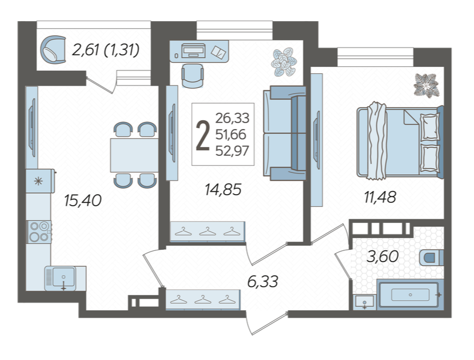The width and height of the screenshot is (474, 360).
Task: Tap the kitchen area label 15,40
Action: [83, 201]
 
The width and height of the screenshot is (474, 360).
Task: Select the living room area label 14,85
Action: [223, 189]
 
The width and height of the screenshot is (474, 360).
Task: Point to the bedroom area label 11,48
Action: [380, 198]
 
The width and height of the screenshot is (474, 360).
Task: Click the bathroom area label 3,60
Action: [382, 257]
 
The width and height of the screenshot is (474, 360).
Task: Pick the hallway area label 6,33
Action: [263, 282]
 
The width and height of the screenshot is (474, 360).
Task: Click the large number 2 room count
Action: [203, 135]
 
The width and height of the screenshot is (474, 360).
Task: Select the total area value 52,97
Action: [232, 151]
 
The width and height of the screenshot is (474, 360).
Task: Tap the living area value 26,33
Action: [232, 118]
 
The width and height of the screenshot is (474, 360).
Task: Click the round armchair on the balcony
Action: [53, 49]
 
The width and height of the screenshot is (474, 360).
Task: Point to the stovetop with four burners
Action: [39, 232]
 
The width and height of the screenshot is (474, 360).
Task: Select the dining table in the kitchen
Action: [134, 155]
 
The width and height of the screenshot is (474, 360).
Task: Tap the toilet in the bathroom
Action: [432, 258]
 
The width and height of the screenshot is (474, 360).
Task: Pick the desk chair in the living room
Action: [192, 76]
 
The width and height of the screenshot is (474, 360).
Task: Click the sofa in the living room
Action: [285, 133]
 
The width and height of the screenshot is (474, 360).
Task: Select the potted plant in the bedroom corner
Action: [426, 86]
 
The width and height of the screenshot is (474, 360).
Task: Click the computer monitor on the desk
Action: [194, 50]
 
